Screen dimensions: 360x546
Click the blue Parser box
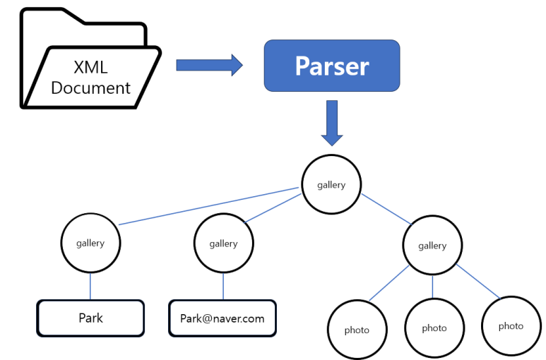click(331, 66)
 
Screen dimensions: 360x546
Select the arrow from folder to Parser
click(208, 66)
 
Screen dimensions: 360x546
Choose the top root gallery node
click(331, 185)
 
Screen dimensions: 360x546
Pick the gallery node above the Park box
click(90, 243)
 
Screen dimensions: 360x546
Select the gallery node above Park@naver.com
click(223, 243)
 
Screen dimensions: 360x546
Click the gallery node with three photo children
click(432, 245)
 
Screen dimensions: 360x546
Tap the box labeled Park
click(90, 318)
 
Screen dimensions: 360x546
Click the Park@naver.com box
click(222, 318)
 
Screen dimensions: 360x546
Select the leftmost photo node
click(357, 330)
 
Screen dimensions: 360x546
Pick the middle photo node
click(434, 328)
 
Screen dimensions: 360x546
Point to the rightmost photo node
click(511, 325)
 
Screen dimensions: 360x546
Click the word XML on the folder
click(90, 68)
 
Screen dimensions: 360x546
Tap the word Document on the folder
click(90, 88)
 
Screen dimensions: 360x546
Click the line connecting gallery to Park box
click(90, 286)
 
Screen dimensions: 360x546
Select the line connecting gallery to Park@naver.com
click(223, 286)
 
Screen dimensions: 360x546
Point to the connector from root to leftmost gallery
click(208, 206)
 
